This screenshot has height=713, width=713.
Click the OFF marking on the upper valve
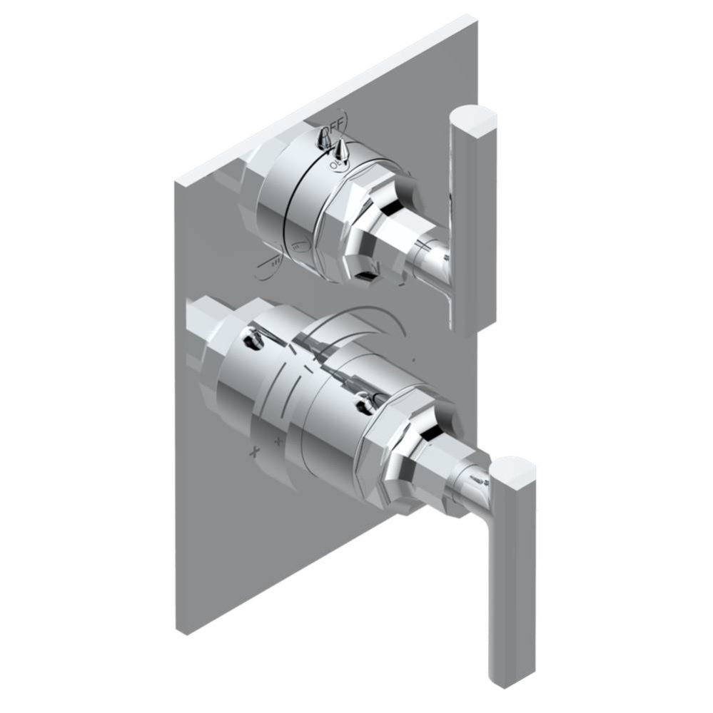[x=333, y=127]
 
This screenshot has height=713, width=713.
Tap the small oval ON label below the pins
[x=335, y=165]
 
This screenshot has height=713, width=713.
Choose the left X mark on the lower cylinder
[x=253, y=452]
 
